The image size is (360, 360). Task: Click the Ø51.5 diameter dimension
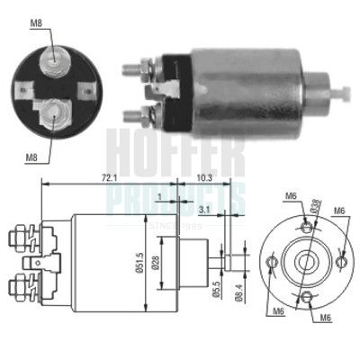(139, 262)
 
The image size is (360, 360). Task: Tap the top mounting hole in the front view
(307, 228)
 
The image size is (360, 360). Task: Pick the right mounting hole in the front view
(342, 262)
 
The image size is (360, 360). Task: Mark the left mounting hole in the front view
(273, 262)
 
